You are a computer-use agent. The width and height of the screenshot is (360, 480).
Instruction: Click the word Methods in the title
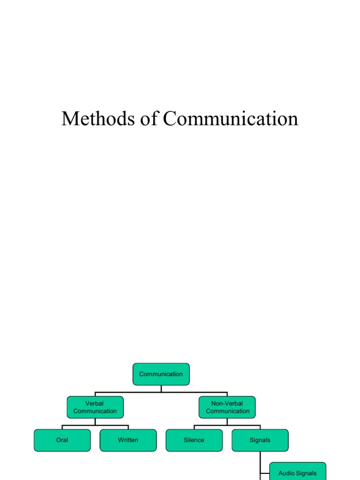[x=98, y=119]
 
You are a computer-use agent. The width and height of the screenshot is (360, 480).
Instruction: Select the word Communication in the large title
[x=231, y=119]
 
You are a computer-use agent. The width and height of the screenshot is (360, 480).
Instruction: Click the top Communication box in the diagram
[x=161, y=374]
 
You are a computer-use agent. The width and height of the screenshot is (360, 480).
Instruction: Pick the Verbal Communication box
[x=95, y=407]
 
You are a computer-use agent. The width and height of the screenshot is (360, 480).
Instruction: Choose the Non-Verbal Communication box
[x=227, y=407]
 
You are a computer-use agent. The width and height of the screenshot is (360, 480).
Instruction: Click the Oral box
[x=62, y=440]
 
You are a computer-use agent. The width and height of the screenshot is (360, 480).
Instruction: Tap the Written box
[x=128, y=440]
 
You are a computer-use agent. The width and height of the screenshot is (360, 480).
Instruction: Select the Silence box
[x=194, y=440]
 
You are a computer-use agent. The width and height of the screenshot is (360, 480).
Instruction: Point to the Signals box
[x=260, y=440]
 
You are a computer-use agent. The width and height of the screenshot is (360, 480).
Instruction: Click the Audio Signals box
[x=298, y=472]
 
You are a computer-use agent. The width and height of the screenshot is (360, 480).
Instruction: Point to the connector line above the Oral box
[x=62, y=427]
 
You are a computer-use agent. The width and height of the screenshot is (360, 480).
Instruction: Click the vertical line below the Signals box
[x=260, y=465]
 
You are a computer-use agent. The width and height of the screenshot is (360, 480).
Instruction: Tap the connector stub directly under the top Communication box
[x=161, y=389]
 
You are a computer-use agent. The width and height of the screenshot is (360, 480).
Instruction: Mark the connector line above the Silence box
[x=194, y=427]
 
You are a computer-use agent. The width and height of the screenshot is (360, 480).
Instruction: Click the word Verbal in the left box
[x=94, y=404]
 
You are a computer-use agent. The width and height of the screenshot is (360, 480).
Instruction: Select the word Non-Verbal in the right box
[x=227, y=404]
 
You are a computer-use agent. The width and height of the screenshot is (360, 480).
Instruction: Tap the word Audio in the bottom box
[x=286, y=473]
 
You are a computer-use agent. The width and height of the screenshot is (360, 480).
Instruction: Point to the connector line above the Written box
[x=128, y=427]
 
